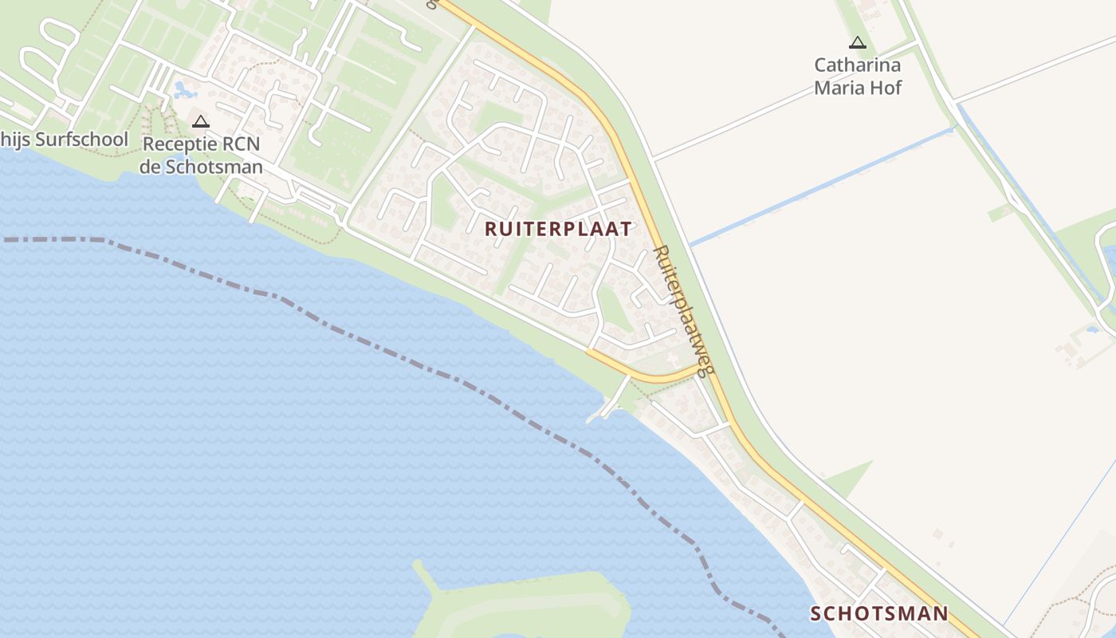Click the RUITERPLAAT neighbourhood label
click(558, 229)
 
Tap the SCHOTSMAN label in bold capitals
click(879, 613)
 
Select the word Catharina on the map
click(857, 65)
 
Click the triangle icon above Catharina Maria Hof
click(858, 43)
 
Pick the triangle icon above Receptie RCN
click(201, 122)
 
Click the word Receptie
click(178, 144)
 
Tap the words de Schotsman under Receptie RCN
click(201, 167)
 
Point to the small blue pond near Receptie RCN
click(182, 89)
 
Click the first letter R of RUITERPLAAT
click(491, 229)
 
